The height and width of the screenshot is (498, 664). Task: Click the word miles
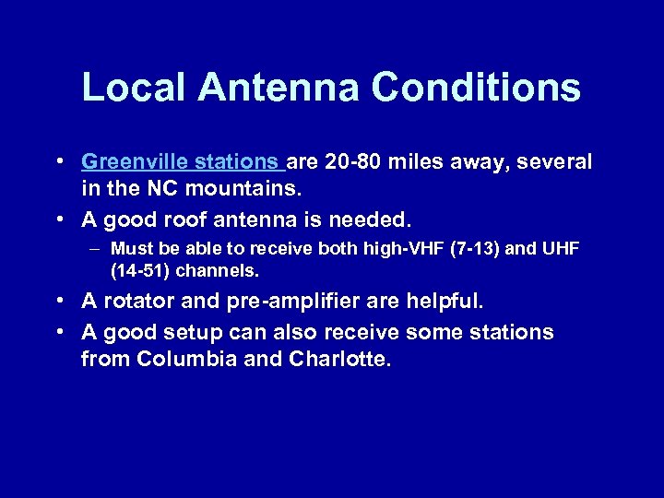(x=418, y=163)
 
